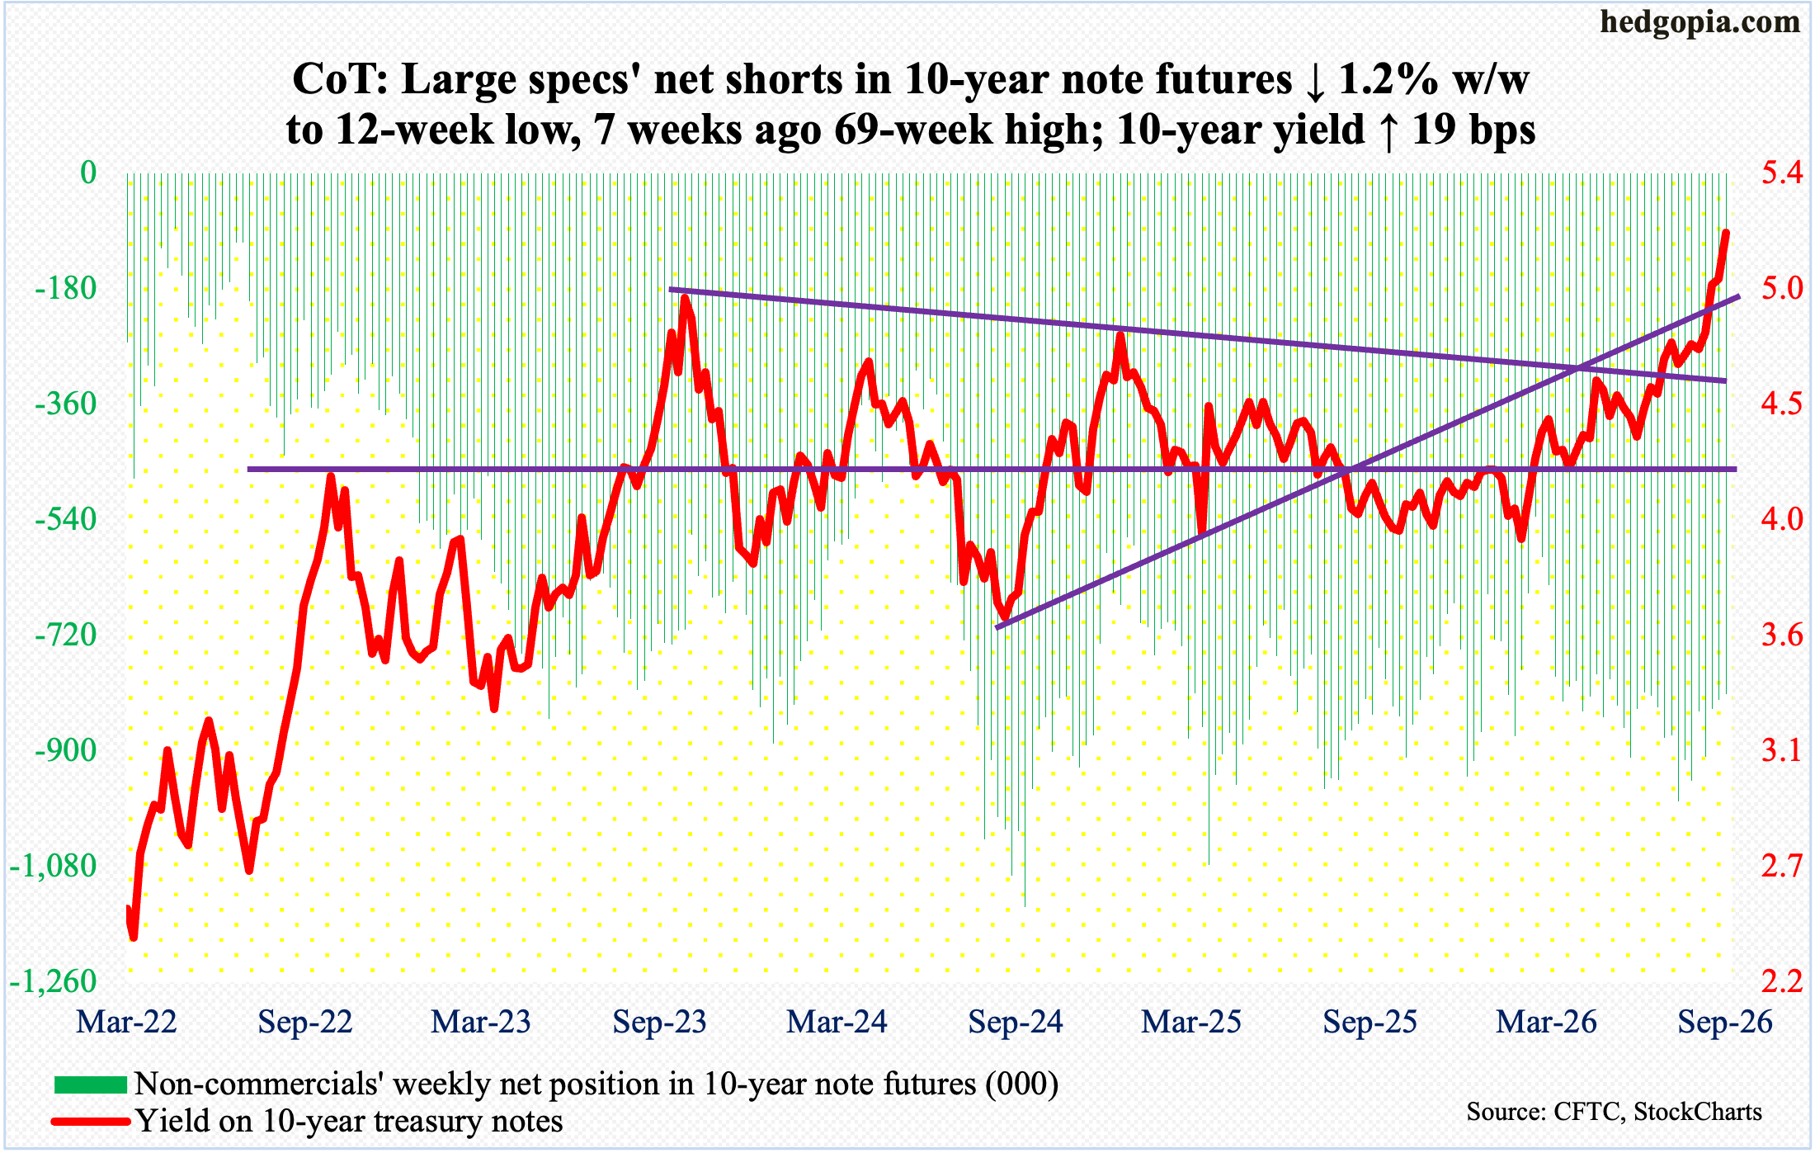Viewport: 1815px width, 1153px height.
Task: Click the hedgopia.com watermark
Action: [x=1699, y=23]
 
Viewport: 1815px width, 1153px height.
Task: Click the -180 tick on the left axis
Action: [x=66, y=289]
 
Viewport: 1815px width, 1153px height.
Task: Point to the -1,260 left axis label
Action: [x=54, y=982]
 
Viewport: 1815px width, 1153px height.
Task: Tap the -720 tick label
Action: [x=66, y=636]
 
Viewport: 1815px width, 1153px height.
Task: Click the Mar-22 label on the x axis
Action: [x=127, y=1023]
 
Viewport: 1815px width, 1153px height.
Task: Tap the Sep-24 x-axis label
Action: [x=1016, y=1023]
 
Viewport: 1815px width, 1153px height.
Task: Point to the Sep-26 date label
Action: [x=1725, y=1023]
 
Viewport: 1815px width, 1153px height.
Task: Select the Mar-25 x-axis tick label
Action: [x=1192, y=1023]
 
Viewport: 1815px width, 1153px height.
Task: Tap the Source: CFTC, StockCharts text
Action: [x=1615, y=1112]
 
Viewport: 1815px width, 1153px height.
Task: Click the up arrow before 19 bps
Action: [x=1389, y=130]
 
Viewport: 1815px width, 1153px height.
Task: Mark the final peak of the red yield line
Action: [x=1726, y=233]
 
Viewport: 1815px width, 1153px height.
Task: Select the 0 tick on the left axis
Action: [x=88, y=173]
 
